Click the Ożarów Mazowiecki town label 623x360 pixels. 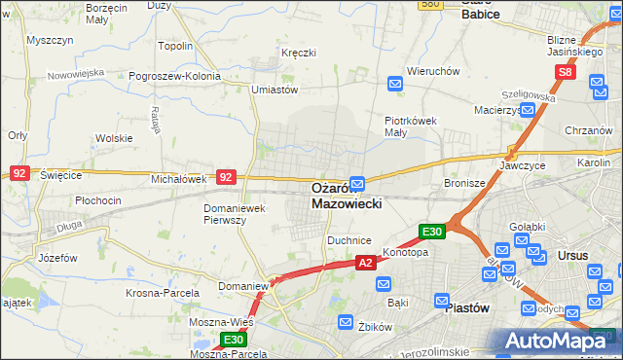point(347,196)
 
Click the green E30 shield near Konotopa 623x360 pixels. point(432,232)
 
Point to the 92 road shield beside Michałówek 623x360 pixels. point(225,177)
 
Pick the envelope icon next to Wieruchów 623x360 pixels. point(395,84)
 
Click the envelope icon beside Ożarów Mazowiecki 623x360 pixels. point(358,183)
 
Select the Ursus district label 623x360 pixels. point(572,256)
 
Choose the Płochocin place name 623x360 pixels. point(98,200)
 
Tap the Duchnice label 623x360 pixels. point(349,239)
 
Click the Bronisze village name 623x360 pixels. point(464,182)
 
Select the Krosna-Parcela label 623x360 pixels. point(163,292)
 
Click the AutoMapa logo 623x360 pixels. point(558,341)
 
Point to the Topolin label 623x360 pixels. point(175,46)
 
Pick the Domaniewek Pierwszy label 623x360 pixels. point(238,214)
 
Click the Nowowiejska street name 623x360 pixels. point(77,73)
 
